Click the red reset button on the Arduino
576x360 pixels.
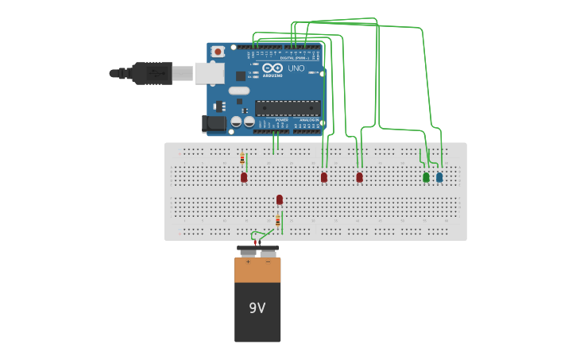coord(218,52)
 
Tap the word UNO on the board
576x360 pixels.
coord(296,69)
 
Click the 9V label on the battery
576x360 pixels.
coord(257,308)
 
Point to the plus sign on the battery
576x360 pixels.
coord(248,261)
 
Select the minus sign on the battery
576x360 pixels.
coord(269,261)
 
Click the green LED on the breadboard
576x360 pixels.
coord(426,177)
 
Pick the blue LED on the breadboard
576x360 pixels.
coord(439,177)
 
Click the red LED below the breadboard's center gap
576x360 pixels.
coord(280,199)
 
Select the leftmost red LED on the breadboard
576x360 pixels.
coord(244,177)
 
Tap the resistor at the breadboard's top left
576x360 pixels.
coord(242,158)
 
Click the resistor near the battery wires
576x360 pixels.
coord(277,221)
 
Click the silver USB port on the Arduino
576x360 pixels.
coord(209,73)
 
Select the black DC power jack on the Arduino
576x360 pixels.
coord(213,123)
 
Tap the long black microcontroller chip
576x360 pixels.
coord(288,108)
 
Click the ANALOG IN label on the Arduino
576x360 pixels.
coord(308,120)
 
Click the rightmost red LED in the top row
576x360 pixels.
coord(359,177)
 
